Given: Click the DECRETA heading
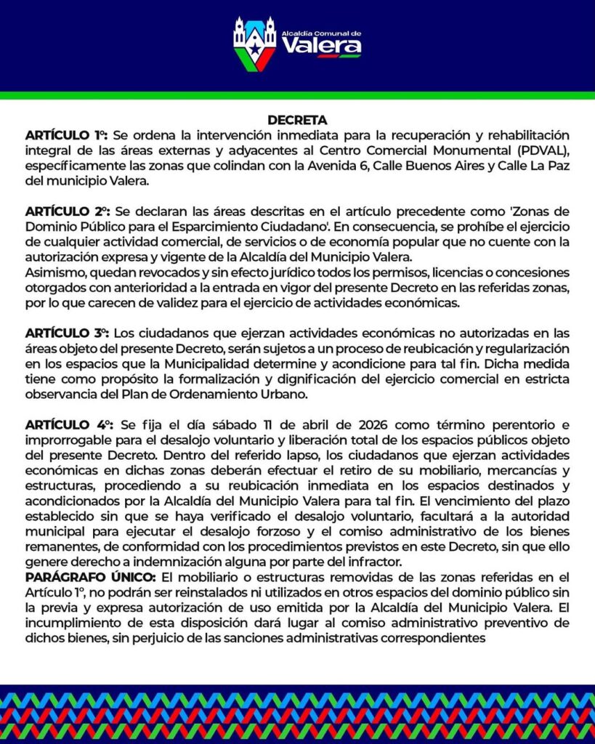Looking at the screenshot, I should (x=297, y=120).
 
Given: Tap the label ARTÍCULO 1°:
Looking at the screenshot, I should (x=66, y=136).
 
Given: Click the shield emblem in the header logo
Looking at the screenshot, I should (x=254, y=44).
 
